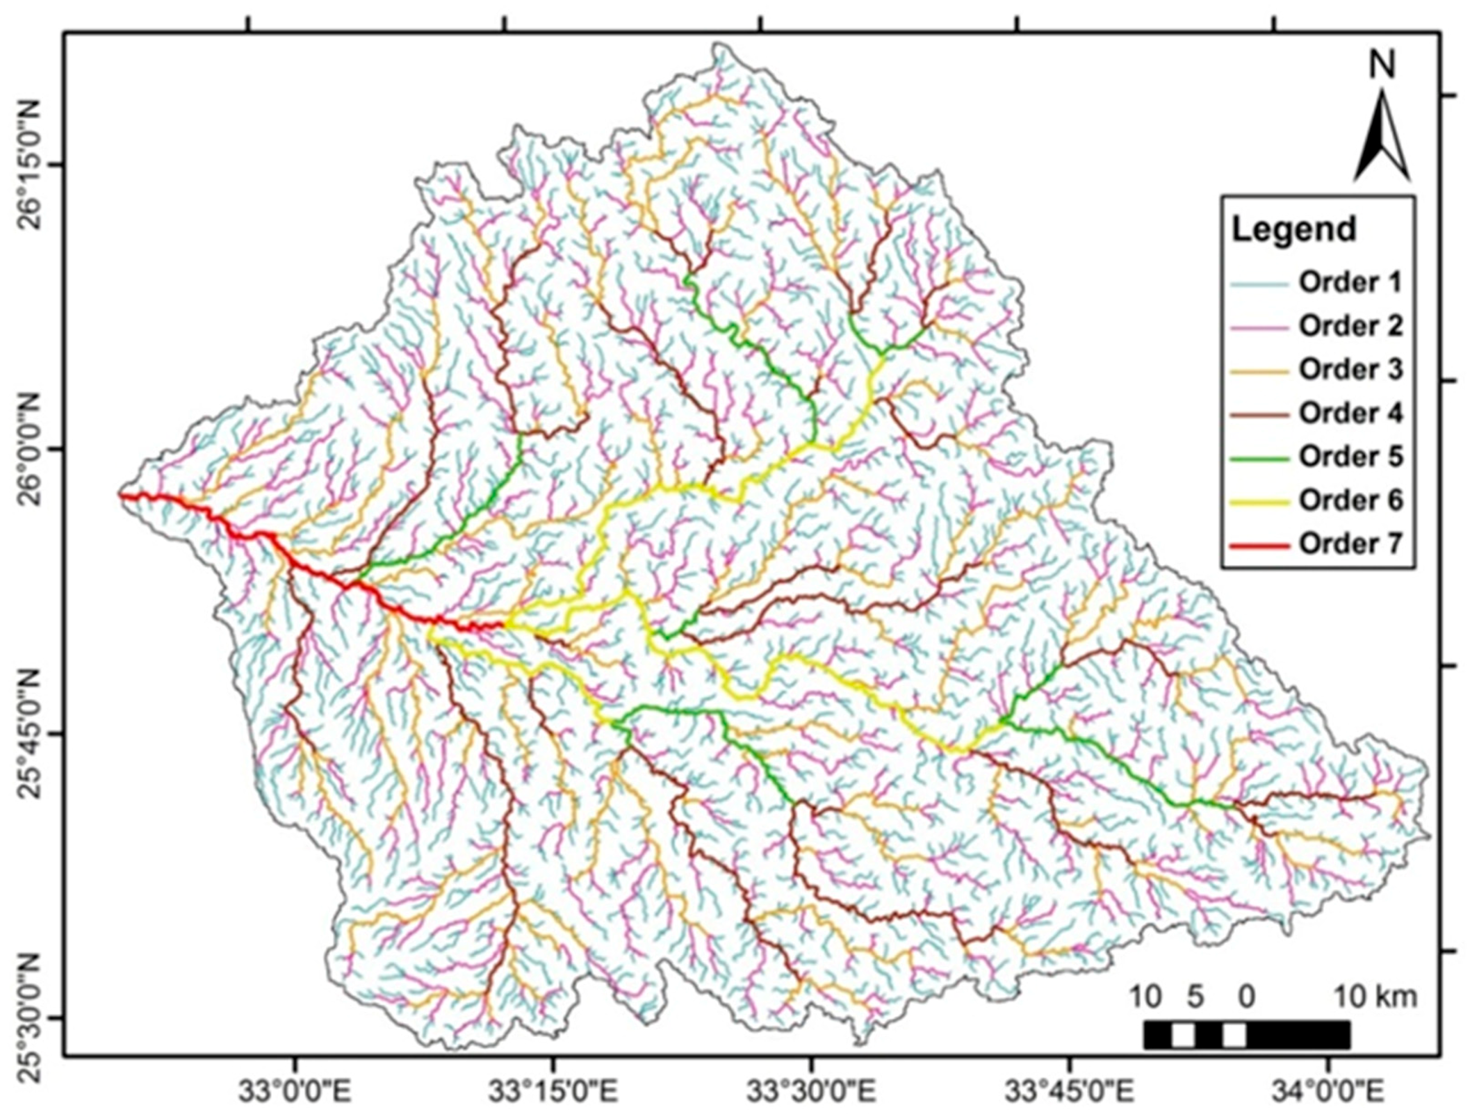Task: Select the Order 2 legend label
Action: (1350, 326)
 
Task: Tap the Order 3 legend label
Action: (1350, 369)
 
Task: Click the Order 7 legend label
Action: (1350, 544)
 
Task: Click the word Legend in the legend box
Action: (1294, 229)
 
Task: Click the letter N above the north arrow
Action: (1382, 65)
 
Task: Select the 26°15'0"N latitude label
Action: (31, 164)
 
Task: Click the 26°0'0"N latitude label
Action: (31, 449)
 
